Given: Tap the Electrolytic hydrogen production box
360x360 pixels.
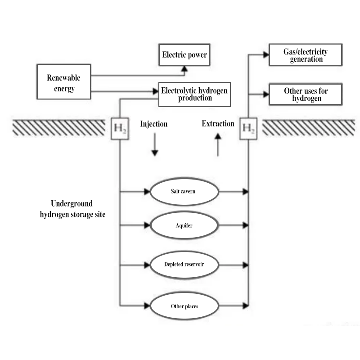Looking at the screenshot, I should click(x=194, y=94).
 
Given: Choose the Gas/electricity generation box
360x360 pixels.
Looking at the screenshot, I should click(x=305, y=55).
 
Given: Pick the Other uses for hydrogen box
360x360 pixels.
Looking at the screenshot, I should click(x=305, y=94).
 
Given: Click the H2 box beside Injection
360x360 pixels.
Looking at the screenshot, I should click(x=120, y=128).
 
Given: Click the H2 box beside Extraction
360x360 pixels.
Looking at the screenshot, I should click(x=248, y=128).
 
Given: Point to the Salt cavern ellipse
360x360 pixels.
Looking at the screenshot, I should click(x=184, y=192).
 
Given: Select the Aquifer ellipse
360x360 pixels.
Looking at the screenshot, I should click(x=184, y=225).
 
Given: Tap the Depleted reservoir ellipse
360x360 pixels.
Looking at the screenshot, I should click(x=184, y=264).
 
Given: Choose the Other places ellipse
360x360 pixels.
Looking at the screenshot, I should click(x=184, y=306).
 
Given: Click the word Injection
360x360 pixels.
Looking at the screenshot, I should click(x=153, y=124).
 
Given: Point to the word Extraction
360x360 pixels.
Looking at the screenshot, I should click(x=218, y=124).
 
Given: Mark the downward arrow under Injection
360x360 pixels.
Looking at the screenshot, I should click(x=154, y=147).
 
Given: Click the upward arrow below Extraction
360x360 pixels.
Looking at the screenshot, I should click(x=218, y=146).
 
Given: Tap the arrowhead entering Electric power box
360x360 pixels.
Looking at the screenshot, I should click(x=184, y=68).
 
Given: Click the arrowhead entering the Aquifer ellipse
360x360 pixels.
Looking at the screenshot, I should click(x=147, y=225).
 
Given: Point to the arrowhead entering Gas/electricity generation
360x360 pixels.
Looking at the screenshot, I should click(x=266, y=55).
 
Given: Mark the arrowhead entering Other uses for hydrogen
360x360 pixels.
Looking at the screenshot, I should click(x=266, y=94).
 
